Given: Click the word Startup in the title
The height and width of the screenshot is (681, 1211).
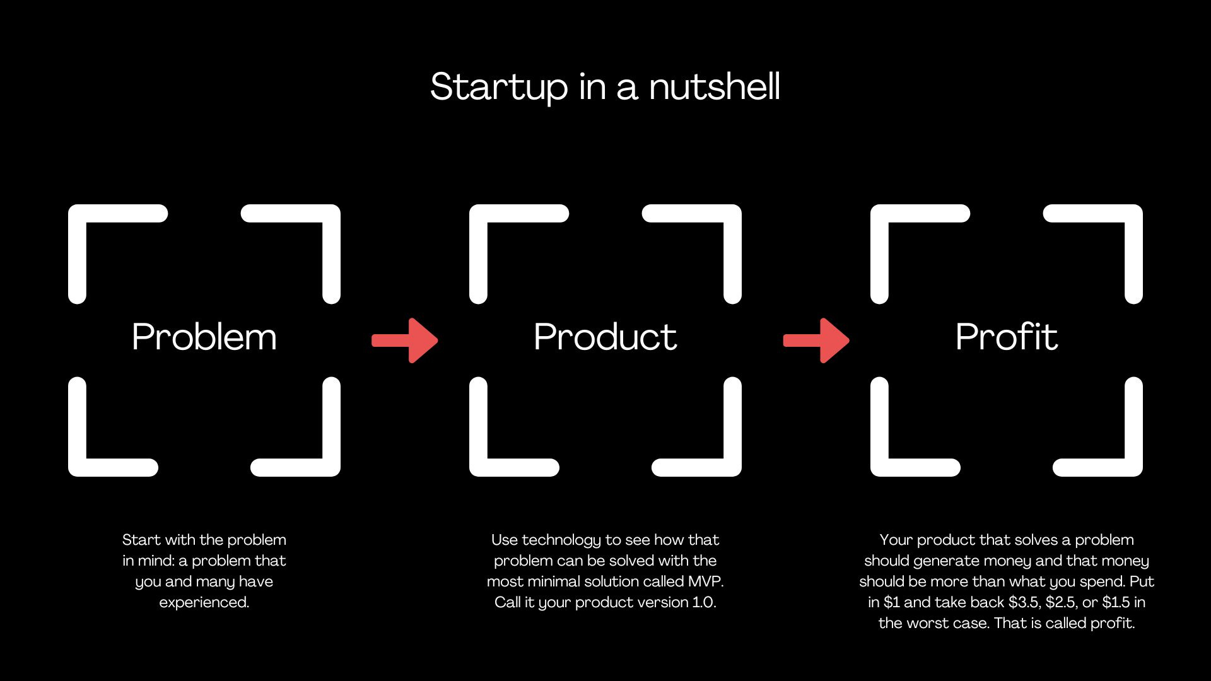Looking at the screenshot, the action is coord(498,86).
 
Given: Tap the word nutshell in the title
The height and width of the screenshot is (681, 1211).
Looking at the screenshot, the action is coord(715,86).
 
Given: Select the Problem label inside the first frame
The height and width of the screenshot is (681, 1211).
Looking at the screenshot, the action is coord(204,337).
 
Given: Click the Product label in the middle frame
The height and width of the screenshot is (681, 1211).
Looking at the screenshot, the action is coord(605,337).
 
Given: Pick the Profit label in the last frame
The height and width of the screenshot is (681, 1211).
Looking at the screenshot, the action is coord(1006,337).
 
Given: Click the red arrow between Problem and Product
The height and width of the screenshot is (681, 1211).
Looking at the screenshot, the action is coord(405,340).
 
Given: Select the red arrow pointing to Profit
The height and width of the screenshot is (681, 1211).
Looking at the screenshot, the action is coord(816,340).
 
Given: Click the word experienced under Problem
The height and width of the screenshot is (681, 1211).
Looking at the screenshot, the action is coord(204,602).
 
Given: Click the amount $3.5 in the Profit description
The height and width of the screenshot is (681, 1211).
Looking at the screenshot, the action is coord(1023,602).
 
